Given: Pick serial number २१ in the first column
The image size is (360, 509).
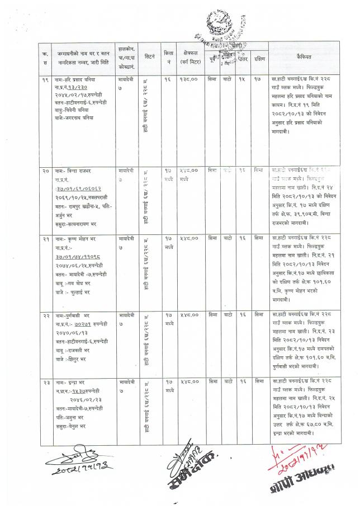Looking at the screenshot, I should tap(44, 239).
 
